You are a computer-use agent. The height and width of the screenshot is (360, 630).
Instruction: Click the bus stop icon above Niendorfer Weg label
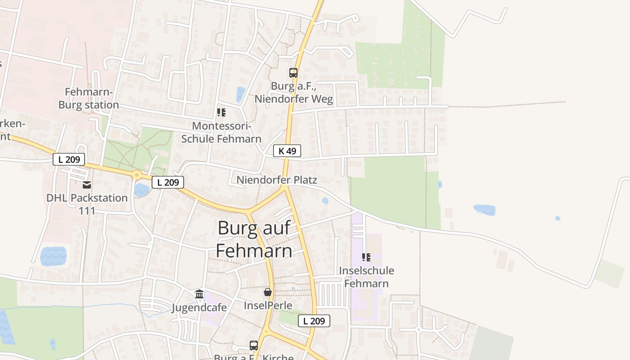(x=293, y=72)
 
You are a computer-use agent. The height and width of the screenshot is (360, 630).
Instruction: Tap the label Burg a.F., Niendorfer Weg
(x=294, y=92)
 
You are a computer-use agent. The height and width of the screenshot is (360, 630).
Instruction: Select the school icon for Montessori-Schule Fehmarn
(x=221, y=112)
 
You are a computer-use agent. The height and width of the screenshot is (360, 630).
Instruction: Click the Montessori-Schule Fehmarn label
(x=221, y=132)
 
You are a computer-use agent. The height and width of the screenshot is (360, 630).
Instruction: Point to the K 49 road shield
(x=287, y=151)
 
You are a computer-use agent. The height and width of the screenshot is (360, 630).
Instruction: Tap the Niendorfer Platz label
(x=277, y=180)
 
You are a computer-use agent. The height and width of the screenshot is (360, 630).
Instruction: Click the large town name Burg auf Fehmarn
(x=254, y=239)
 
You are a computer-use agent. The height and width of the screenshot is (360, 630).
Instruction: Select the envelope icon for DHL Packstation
(x=87, y=184)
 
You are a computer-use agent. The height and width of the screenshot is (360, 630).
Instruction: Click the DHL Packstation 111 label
(x=87, y=204)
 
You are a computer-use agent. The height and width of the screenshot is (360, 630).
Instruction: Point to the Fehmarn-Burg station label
(x=89, y=99)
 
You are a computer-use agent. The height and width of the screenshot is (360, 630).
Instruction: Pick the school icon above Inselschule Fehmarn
(x=366, y=257)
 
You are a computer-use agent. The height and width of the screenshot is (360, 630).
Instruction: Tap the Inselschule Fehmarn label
(x=366, y=277)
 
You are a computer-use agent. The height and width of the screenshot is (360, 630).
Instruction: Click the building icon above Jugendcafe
(x=199, y=294)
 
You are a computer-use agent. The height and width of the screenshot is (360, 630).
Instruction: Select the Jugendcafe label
(x=199, y=308)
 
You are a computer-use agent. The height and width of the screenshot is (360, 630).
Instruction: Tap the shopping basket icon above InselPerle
(x=268, y=292)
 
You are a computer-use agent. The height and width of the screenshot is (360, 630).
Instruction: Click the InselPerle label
(x=268, y=306)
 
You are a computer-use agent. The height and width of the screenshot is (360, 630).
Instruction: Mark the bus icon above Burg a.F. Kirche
(x=254, y=346)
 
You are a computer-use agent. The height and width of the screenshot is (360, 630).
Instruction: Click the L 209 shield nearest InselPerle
(x=314, y=321)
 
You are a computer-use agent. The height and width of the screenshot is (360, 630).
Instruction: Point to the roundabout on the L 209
(x=137, y=175)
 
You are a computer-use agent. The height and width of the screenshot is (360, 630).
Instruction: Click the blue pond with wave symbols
(x=53, y=256)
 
